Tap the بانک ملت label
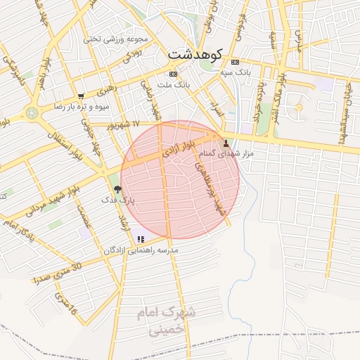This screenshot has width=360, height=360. coord(174,84)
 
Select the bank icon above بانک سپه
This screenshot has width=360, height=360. coord(235,62)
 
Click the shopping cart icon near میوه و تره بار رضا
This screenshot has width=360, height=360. coord(81,96)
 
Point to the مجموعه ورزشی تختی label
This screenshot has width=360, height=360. coord(112,39)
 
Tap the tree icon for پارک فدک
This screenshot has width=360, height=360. coord(117,189)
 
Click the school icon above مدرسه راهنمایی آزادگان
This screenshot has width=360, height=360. coord(141,240)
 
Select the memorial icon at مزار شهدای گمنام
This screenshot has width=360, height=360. coord(226,143)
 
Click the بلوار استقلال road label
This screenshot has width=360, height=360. coord(64,143)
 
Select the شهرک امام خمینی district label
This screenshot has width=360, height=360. coord(168,319)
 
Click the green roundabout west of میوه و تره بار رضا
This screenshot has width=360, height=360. coord(32,112)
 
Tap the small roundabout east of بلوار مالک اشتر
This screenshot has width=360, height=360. coord(299,108)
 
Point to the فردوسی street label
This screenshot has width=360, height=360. coord(239,25)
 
